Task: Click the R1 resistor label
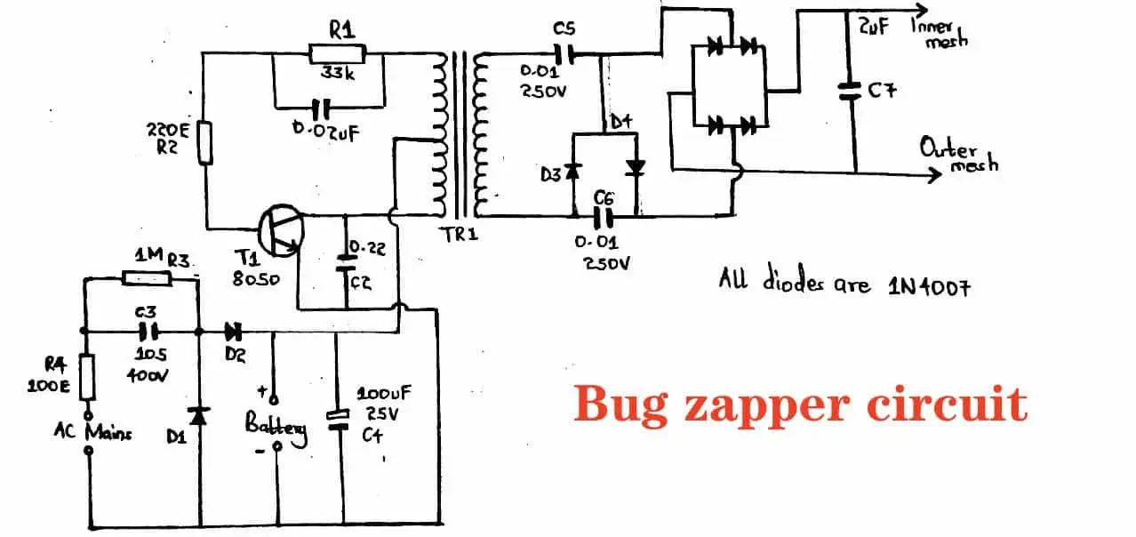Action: (x=341, y=28)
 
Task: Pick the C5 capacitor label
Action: (x=564, y=29)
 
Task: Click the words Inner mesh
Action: (x=940, y=34)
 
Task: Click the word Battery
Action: (x=276, y=429)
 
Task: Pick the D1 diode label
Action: (x=177, y=437)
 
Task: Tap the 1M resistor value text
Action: (x=147, y=256)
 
